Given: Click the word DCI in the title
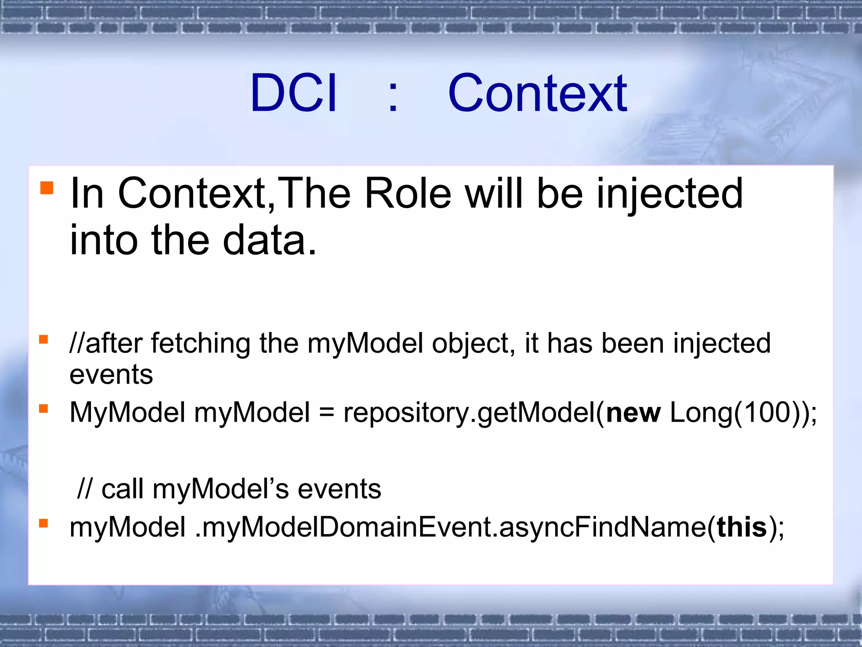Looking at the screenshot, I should [x=293, y=93].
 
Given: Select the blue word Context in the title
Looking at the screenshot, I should [x=537, y=93].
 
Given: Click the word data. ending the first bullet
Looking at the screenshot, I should [x=269, y=240].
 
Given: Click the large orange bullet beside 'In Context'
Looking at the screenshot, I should [x=47, y=188].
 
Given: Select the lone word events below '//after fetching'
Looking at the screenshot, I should [x=111, y=374].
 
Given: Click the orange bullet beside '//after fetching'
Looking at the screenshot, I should [x=43, y=339].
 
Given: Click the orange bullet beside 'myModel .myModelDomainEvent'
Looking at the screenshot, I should [x=43, y=523].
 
